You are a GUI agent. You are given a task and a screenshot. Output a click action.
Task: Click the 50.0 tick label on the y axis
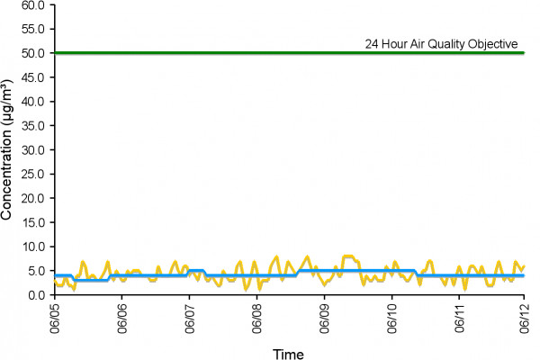(33, 53)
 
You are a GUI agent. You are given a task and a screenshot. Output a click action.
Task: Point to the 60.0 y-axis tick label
(33, 5)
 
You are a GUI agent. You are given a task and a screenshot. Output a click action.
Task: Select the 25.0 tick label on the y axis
(33, 175)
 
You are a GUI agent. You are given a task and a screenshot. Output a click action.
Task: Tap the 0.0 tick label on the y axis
(36, 295)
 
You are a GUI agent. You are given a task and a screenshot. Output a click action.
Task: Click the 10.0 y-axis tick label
(33, 247)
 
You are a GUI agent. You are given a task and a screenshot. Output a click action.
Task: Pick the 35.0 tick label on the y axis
(33, 126)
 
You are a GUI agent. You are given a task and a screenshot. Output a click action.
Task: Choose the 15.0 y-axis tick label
(33, 223)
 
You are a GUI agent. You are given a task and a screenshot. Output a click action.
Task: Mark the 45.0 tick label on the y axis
(33, 77)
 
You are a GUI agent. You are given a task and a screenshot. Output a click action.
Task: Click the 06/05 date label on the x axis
(54, 319)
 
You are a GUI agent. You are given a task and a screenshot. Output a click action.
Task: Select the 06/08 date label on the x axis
(256, 319)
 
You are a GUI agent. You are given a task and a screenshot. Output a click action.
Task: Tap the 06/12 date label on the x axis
(524, 319)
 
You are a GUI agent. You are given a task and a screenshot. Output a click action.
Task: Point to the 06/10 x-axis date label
(391, 319)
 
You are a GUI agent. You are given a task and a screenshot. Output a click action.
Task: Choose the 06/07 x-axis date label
(189, 319)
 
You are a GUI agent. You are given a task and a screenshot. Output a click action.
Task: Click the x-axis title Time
(288, 354)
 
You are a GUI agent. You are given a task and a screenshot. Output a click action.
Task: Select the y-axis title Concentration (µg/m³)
(6, 150)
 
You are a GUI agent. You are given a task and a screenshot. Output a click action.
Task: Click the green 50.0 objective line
(289, 53)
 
